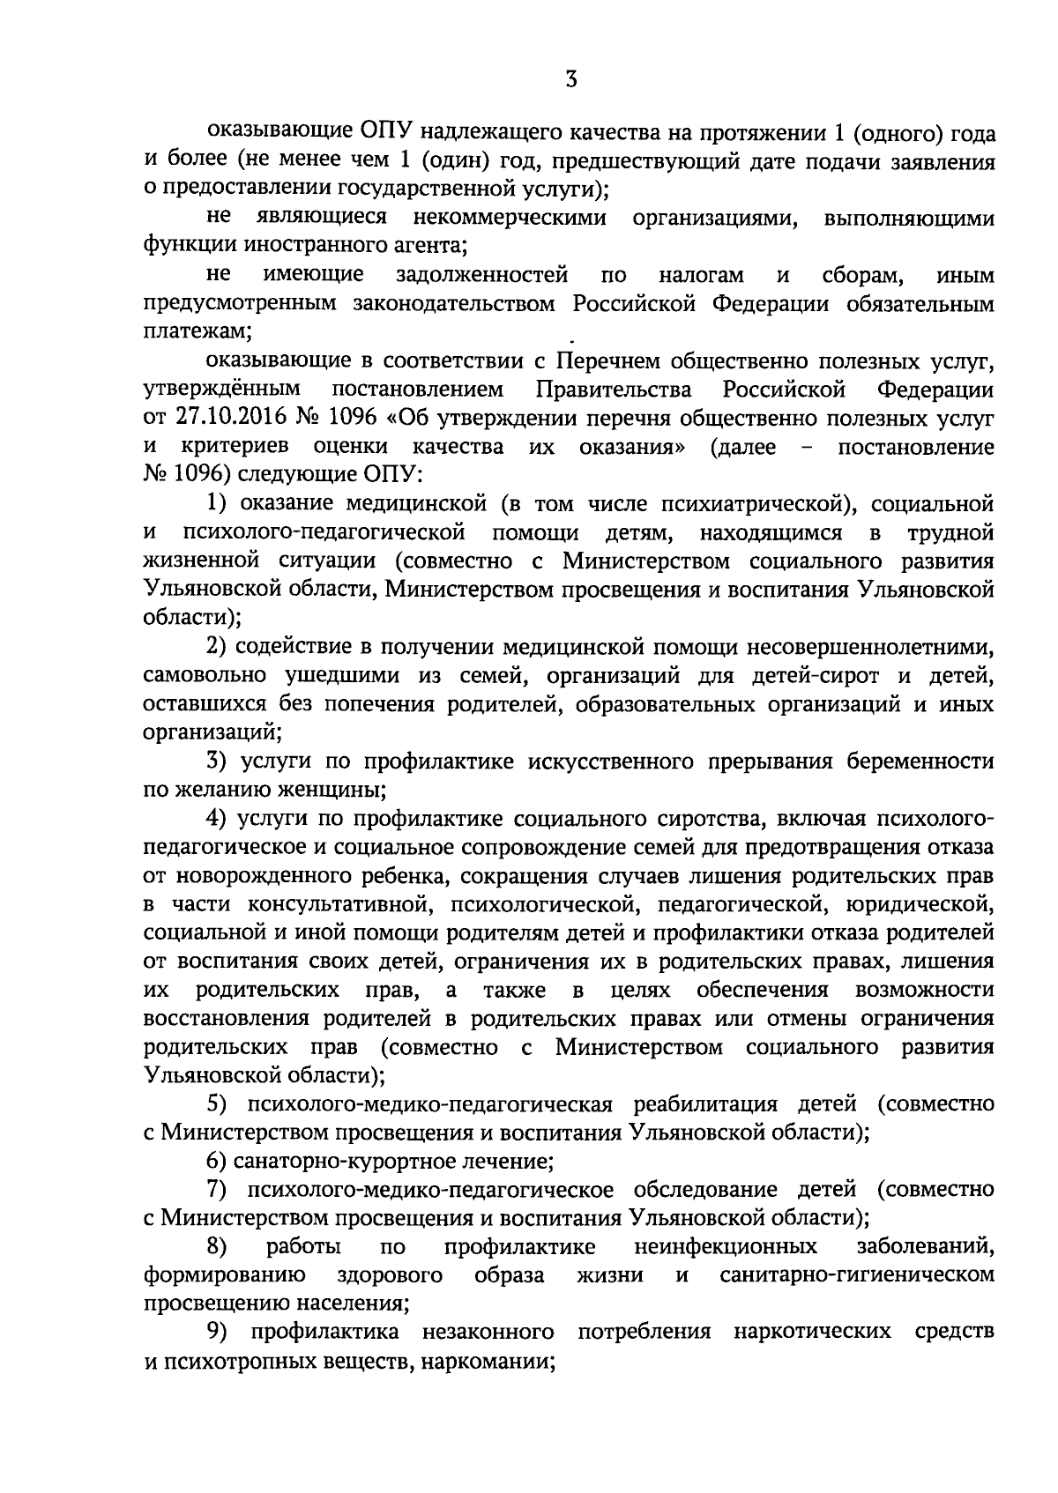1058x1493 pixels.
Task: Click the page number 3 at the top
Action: click(x=571, y=80)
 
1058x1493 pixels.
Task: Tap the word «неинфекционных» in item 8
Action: click(x=725, y=1247)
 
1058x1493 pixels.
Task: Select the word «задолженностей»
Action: click(x=481, y=276)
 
